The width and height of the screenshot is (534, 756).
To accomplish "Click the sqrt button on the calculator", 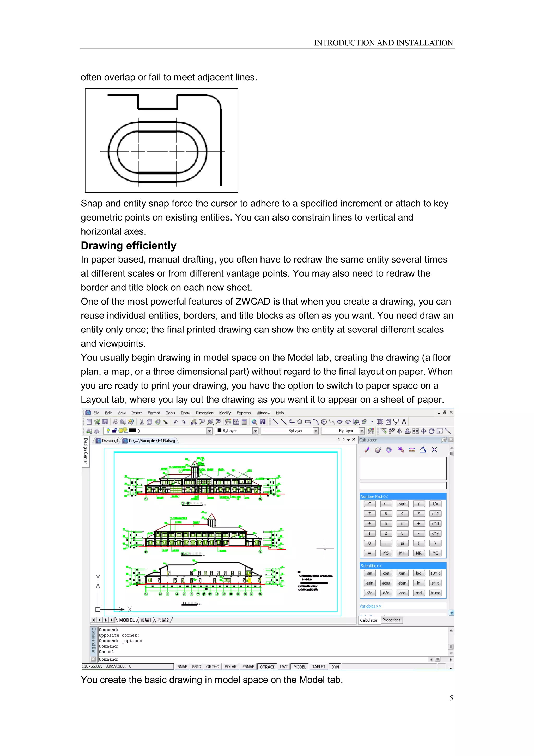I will click(402, 504).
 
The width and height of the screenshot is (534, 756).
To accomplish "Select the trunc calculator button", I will click(435, 593).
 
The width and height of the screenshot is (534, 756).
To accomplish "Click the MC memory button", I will click(435, 553).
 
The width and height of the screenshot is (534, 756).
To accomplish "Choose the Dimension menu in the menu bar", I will click(204, 413).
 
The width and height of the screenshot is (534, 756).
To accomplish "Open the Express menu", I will click(244, 413).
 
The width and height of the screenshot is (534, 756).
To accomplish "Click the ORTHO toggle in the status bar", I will click(213, 666).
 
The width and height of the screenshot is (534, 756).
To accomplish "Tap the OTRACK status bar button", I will click(267, 666).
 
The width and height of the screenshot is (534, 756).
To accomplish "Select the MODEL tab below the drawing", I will click(127, 620).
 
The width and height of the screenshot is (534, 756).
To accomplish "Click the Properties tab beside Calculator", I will click(391, 620).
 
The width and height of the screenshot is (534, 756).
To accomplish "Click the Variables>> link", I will click(370, 606).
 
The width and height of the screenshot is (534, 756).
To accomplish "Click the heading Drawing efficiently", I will click(129, 246).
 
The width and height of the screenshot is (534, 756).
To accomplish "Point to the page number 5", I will click(451, 698).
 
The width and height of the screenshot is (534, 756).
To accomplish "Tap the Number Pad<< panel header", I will click(374, 497).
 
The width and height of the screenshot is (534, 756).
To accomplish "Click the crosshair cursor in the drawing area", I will click(325, 548).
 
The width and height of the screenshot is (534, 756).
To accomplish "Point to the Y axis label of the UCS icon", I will click(98, 578).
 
